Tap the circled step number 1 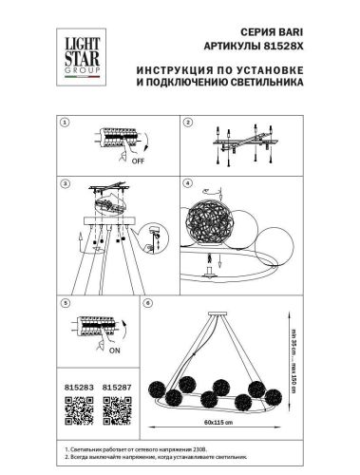[66, 123]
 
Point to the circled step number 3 [66, 181]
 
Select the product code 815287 [115, 388]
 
